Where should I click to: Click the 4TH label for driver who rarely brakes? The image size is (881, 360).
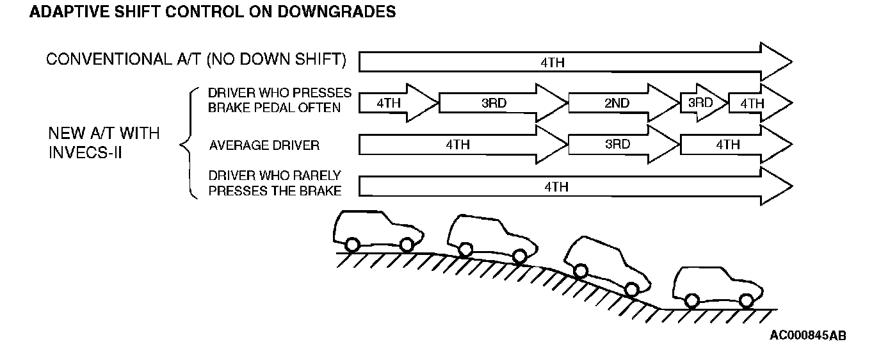click(556, 187)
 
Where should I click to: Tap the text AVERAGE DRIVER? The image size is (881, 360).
click(264, 145)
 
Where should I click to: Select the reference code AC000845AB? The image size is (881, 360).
click(808, 335)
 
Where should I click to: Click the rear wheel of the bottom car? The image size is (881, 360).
click(691, 300)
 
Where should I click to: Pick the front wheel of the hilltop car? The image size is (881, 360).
click(406, 244)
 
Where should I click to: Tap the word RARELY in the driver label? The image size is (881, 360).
click(318, 176)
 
